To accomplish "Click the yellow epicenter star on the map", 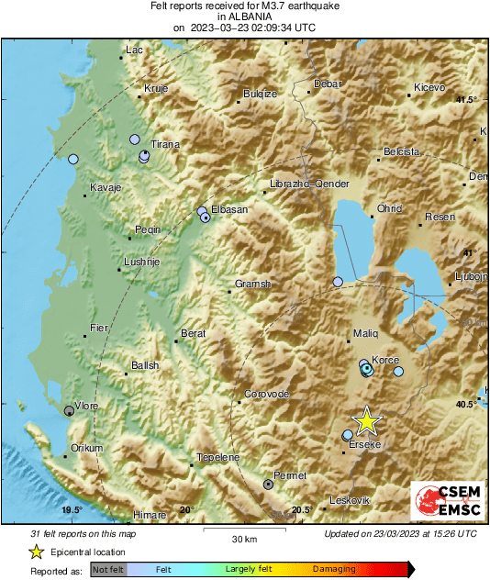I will tap(366, 420).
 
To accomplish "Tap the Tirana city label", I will tap(165, 144).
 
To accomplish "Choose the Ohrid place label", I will tap(390, 208).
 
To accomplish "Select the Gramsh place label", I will tap(253, 284).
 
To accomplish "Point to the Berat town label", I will tap(193, 333).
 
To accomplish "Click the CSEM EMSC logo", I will tap(443, 504).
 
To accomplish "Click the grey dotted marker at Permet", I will tap(268, 483).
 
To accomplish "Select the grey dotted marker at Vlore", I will tap(69, 411).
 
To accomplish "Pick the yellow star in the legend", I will tap(36, 552).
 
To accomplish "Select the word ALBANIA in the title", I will tap(244, 16).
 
